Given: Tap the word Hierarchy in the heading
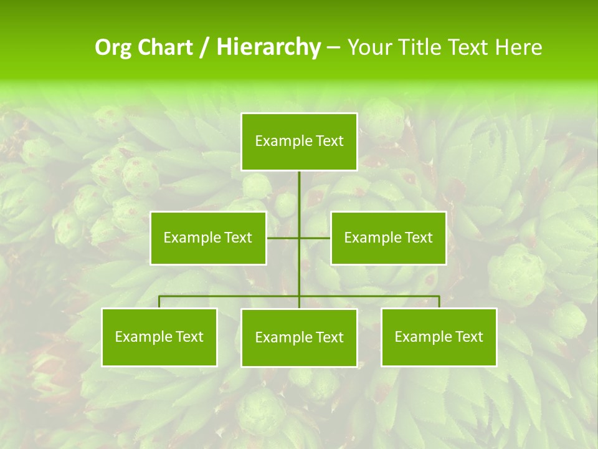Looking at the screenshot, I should tap(268, 47).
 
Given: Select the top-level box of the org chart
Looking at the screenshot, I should tap(299, 142).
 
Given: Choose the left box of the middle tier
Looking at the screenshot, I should tap(208, 238).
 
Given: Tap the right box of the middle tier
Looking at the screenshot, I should tap(388, 238).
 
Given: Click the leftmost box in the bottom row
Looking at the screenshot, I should tap(159, 337).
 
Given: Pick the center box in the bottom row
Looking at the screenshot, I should tap(299, 338).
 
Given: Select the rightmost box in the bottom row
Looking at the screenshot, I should tap(439, 337).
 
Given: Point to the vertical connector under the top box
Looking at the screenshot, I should tap(299, 200).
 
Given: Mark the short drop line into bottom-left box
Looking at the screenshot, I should tap(159, 302).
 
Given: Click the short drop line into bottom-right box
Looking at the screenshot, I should tap(439, 302).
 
